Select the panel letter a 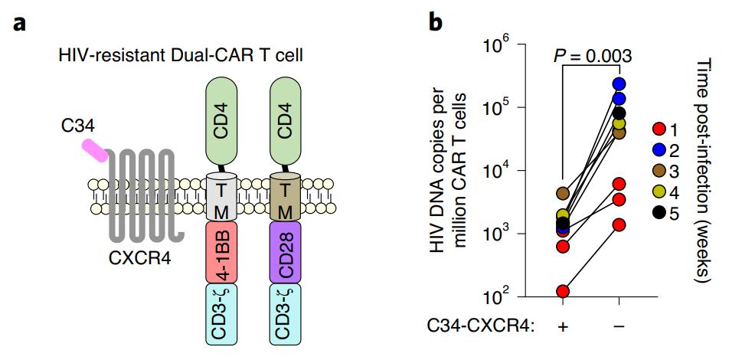point(21,22)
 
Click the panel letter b point(435,22)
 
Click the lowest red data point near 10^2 point(563,291)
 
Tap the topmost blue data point point(619,83)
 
